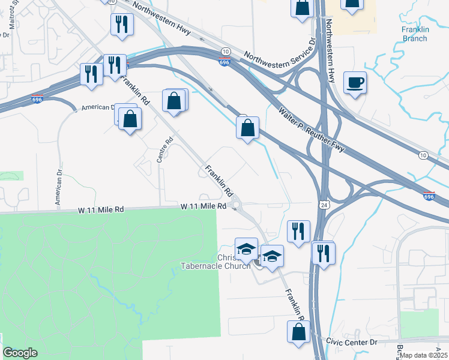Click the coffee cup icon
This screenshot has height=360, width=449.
tap(355, 82)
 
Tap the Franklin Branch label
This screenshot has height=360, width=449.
tap(415, 34)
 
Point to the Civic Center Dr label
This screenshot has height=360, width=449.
tap(351, 341)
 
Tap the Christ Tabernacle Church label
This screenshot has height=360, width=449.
tap(215, 262)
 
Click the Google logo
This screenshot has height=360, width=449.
tap(20, 353)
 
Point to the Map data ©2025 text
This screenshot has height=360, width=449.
tap(423, 355)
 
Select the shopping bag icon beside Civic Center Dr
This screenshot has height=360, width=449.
tap(298, 332)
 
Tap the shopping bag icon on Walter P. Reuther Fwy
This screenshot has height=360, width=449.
tap(247, 127)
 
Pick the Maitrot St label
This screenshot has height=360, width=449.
tap(13, 17)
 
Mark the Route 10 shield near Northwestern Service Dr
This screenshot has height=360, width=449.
tap(225, 52)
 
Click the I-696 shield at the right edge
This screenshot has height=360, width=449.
tap(429, 196)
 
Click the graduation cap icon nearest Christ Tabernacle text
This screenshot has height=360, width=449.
tap(246, 249)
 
